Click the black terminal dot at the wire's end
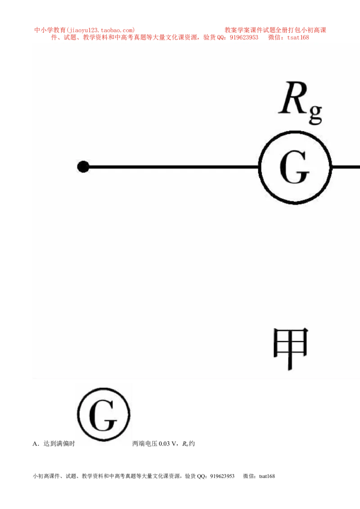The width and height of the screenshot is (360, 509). (x=83, y=167)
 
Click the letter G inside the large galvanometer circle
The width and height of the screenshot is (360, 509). (x=294, y=168)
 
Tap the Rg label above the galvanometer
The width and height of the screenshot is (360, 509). (x=301, y=102)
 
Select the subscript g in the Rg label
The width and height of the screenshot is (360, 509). (x=315, y=114)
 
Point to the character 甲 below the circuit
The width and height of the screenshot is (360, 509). (x=290, y=348)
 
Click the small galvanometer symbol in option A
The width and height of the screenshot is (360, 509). (x=103, y=414)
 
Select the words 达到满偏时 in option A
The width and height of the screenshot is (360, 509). (x=59, y=444)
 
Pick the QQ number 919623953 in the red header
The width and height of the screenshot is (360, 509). (x=244, y=38)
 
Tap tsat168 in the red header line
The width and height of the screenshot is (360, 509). (x=298, y=38)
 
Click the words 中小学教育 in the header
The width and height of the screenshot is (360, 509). (x=50, y=30)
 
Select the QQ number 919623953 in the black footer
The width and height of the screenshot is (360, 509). (x=222, y=476)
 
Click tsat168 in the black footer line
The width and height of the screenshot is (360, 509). (x=267, y=476)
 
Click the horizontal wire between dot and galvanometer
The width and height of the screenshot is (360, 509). (x=174, y=167)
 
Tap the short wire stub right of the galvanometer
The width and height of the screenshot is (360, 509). (x=346, y=167)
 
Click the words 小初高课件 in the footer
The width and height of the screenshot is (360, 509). (x=46, y=476)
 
